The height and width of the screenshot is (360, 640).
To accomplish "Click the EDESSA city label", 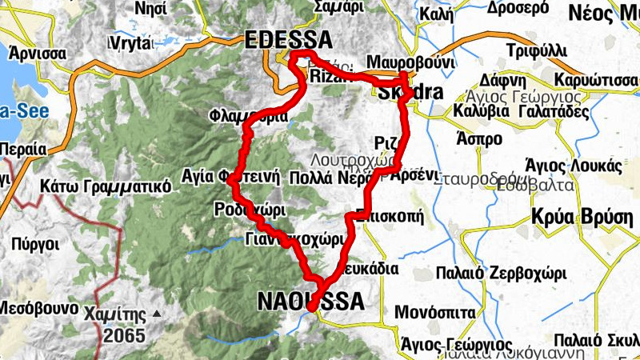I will click(289, 39).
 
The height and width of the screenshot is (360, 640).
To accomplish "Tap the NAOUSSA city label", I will click(310, 301).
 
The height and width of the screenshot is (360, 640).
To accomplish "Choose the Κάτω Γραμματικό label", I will click(106, 186).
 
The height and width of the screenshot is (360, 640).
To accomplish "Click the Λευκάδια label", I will click(369, 269).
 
